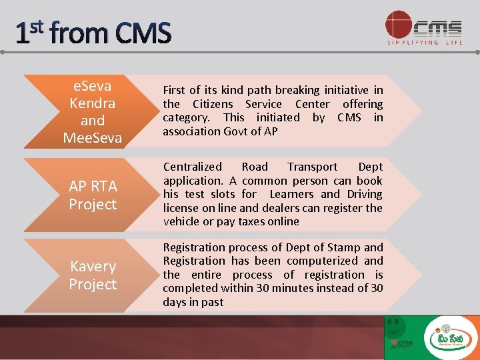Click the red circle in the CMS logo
point(399,25)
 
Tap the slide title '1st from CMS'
point(93,33)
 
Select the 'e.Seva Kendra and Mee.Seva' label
point(93,112)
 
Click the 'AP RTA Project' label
point(93,195)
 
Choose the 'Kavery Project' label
point(93,275)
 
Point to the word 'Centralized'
point(193,167)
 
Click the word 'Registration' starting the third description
point(194,247)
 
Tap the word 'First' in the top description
point(174,90)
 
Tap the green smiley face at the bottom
point(396,325)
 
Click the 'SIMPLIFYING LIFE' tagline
point(425,43)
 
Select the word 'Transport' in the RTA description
point(313,167)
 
